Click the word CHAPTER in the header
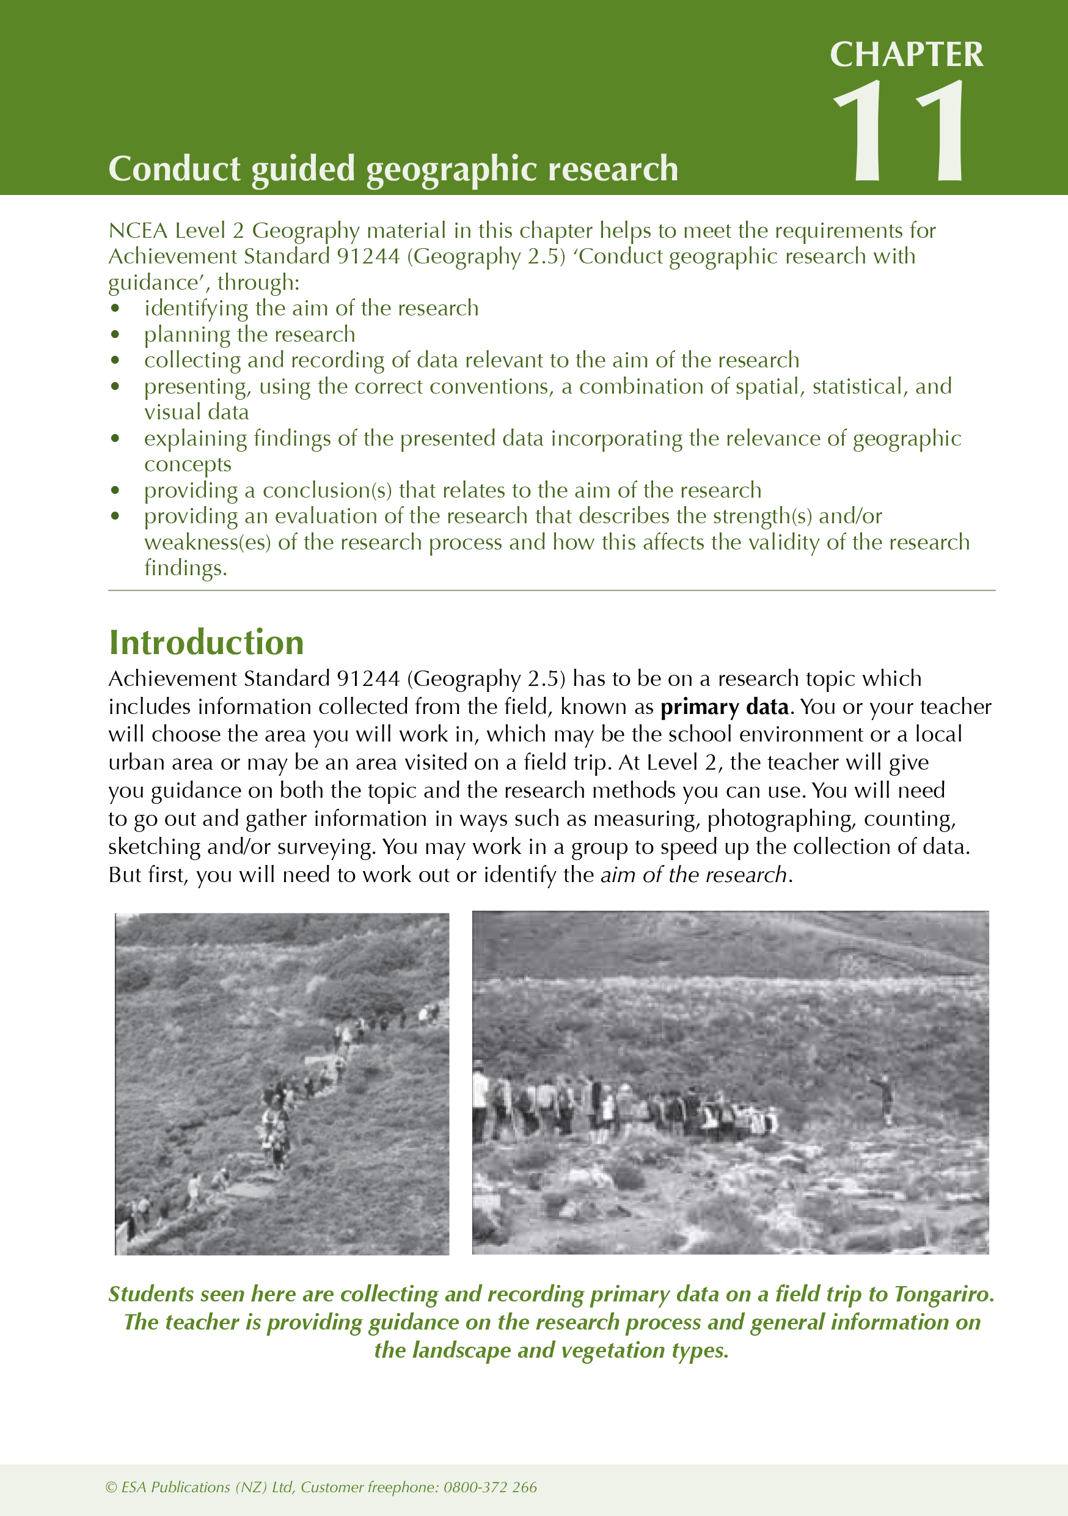point(905,54)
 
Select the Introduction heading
point(206,642)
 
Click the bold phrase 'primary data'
point(724,707)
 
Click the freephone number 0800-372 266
point(490,1487)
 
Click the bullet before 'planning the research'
point(115,335)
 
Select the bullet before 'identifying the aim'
point(115,308)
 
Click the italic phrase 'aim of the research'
point(693,875)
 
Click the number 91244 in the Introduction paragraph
point(368,679)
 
